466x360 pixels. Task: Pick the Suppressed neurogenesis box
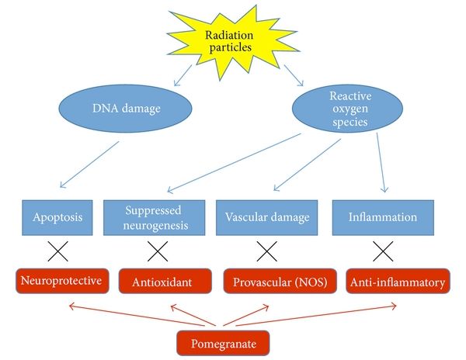click(158, 217)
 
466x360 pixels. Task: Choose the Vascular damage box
click(266, 217)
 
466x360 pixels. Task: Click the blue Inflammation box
click(377, 217)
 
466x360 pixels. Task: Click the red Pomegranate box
click(224, 339)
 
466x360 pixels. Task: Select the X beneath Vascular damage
click(268, 251)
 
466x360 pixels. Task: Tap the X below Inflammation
click(381, 251)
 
